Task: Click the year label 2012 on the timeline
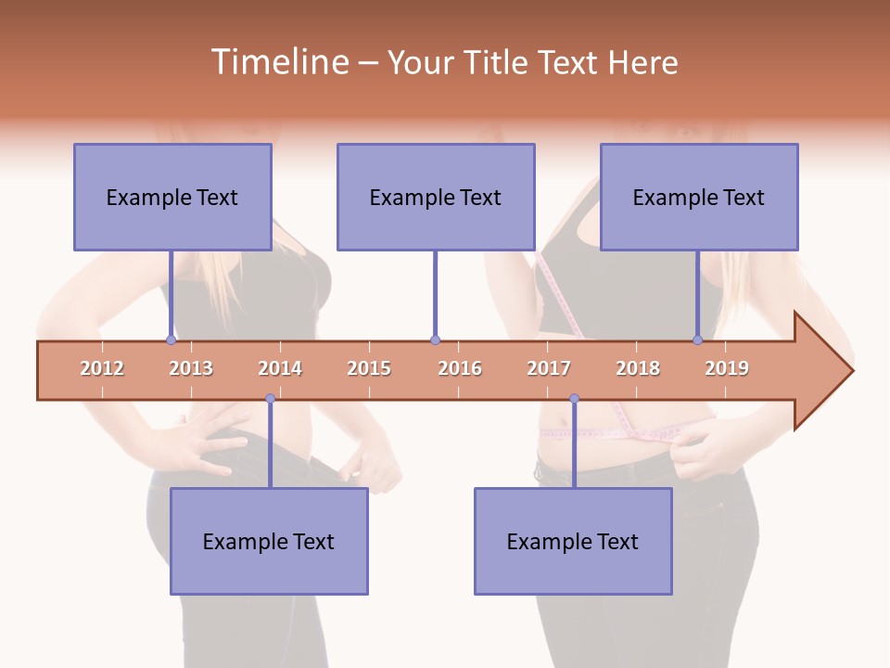point(102,368)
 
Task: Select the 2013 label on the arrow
point(191,368)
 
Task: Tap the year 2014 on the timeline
point(280,368)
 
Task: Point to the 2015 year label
point(369,368)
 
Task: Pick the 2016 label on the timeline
point(460,368)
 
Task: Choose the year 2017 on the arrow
point(549,368)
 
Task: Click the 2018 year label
point(638,368)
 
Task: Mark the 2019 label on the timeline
point(727,368)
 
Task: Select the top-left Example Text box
point(172,197)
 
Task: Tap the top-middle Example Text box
point(436,197)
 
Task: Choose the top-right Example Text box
point(699,197)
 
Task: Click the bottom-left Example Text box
point(269,541)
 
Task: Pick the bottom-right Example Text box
point(573,541)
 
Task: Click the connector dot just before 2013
point(171,340)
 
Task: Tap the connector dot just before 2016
point(435,340)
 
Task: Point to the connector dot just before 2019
point(698,340)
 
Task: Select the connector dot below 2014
point(270,399)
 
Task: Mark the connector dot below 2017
point(574,399)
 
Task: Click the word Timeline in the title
point(277,62)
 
